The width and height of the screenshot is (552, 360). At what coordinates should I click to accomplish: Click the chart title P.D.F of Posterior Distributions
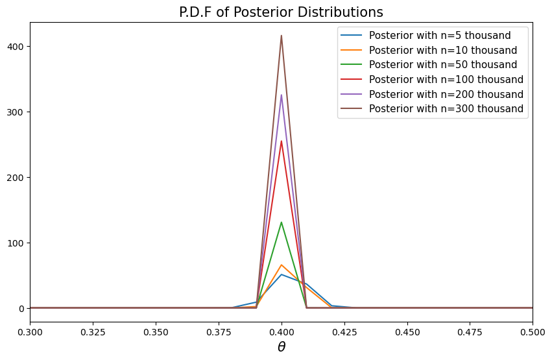pos(281,12)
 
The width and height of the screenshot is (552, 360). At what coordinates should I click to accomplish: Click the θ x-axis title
pos(281,347)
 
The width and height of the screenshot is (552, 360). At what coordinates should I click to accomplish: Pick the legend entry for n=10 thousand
pos(442,50)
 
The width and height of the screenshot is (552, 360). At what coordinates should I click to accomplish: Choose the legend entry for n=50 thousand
pos(442,65)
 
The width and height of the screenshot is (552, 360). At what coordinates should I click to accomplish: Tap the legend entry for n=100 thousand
pos(446,79)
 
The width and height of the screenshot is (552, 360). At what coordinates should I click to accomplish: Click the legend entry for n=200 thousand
pos(446,94)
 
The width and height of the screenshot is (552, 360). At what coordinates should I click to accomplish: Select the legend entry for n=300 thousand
pos(446,109)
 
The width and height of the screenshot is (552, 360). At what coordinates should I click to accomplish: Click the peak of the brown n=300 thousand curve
pos(281,36)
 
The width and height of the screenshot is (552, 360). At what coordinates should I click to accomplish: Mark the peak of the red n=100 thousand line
pos(281,141)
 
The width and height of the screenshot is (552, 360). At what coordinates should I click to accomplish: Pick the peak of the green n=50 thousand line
pos(281,222)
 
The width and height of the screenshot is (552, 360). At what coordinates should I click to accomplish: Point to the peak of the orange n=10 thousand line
pos(281,265)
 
